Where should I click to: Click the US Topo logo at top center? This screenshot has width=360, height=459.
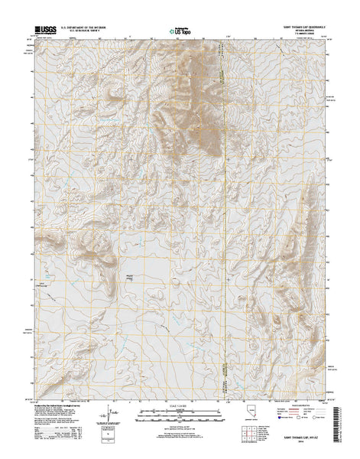[x=180, y=33]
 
